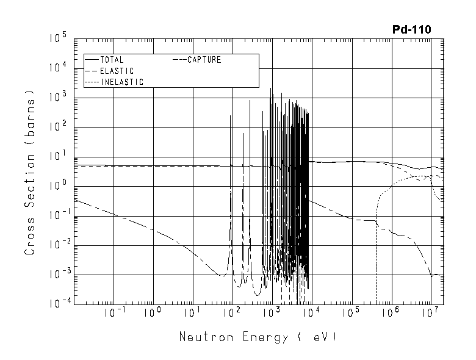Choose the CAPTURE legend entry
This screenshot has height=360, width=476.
coord(204,60)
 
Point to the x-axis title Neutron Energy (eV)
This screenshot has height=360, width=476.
coord(258,337)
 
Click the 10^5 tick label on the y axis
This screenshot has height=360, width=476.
coord(58,39)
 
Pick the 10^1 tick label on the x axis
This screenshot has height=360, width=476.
coord(192,313)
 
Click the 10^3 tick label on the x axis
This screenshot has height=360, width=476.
coord(271,313)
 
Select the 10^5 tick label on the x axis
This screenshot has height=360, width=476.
coord(350,313)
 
